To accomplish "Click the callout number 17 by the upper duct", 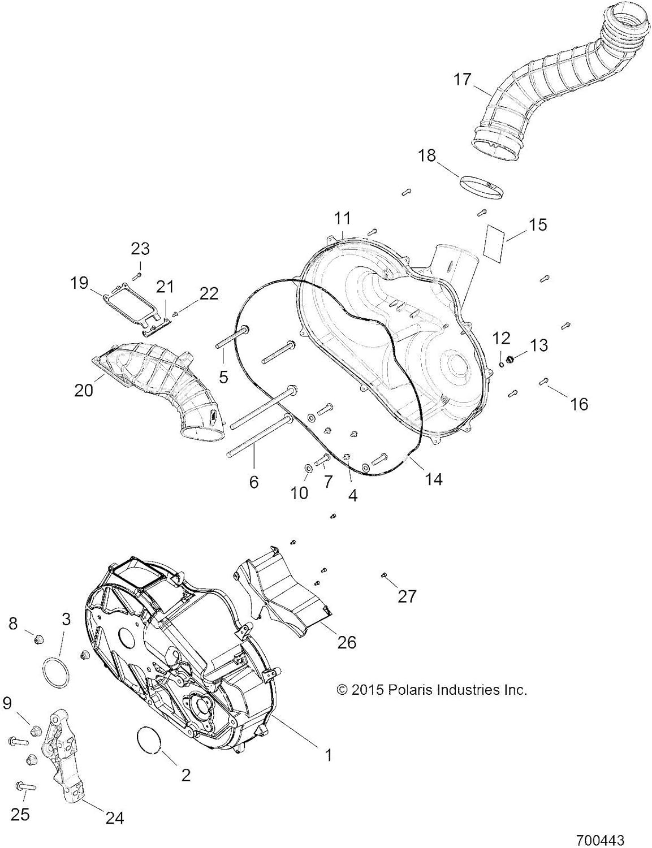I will click(x=463, y=79).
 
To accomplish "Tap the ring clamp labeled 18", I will click(x=481, y=186).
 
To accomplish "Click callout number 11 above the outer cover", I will click(x=342, y=218).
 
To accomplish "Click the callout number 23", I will click(x=140, y=248).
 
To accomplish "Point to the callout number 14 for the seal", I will click(x=434, y=479).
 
